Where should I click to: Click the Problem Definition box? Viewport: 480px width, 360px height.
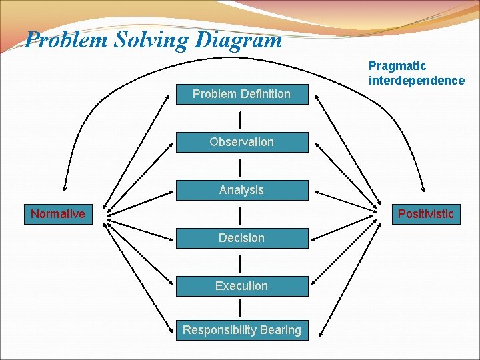[241, 94]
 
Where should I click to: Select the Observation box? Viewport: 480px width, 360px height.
[241, 142]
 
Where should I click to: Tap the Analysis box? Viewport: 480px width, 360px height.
[241, 190]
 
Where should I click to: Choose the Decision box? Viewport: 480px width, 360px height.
[241, 238]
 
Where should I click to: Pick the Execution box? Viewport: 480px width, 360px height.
[241, 286]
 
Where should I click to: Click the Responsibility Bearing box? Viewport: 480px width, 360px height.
[241, 329]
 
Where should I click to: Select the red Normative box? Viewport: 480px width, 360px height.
[58, 214]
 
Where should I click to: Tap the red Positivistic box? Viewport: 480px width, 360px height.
[425, 214]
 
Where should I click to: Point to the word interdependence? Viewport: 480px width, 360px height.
[417, 81]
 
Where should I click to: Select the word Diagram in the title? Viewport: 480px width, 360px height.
[239, 40]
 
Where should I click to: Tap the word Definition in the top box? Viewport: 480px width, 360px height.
[264, 94]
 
